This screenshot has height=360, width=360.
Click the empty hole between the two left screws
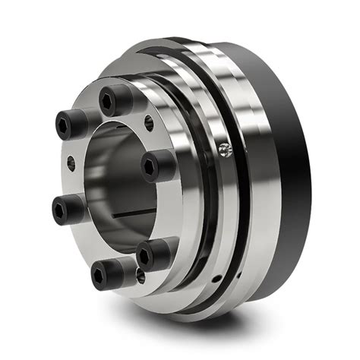[x=71, y=162]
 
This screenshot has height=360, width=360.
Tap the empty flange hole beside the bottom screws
[x=141, y=277]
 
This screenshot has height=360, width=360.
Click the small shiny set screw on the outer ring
[x=223, y=150]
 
